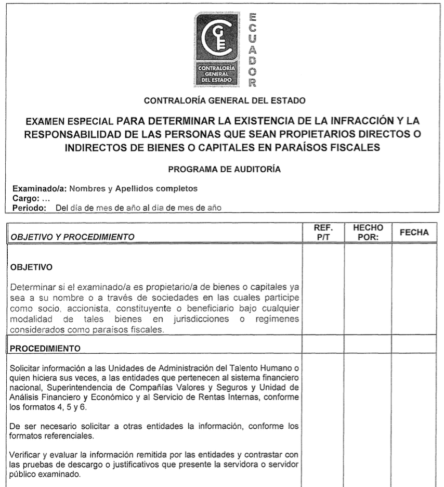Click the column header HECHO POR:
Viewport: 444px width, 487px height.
pos(368,232)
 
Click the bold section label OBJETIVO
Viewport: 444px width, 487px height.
pos(30,268)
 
